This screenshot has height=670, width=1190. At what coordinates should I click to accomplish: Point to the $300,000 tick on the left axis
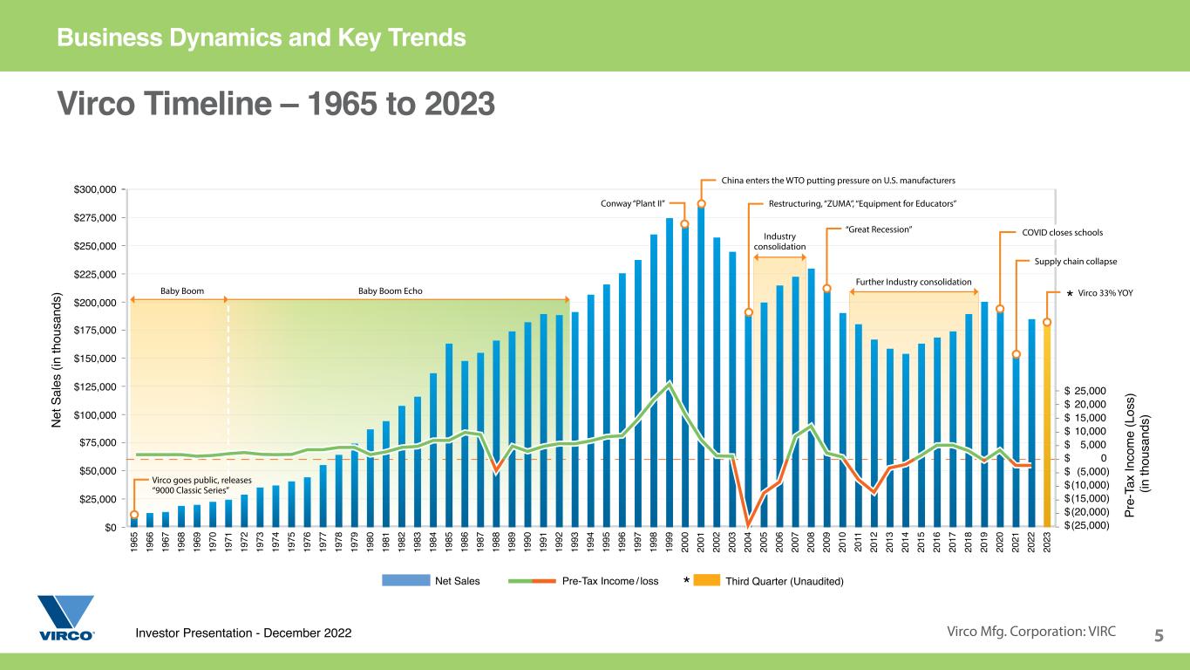95,189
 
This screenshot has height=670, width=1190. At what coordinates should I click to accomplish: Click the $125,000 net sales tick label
95,386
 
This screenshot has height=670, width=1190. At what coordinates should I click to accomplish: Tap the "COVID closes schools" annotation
1062,233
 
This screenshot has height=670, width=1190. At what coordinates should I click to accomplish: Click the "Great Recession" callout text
879,229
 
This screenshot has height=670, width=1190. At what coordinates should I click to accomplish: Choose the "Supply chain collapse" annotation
1075,261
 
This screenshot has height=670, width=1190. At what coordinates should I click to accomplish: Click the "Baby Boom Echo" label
390,291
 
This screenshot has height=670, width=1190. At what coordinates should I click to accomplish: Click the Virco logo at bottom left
65,618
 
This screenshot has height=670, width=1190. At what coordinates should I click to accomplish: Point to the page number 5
1159,635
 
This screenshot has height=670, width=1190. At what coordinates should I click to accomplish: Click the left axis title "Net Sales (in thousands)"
58,358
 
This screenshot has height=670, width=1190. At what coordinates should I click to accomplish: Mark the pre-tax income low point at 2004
748,524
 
